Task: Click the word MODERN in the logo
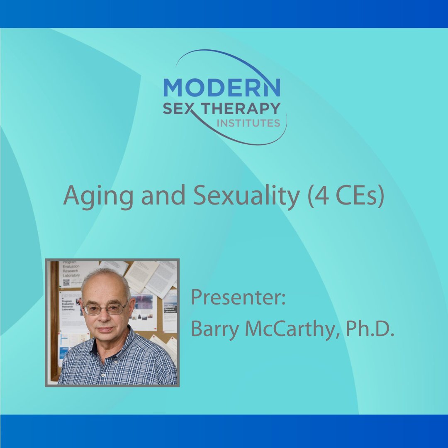tap(222, 88)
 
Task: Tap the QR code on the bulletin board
tap(66, 283)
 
